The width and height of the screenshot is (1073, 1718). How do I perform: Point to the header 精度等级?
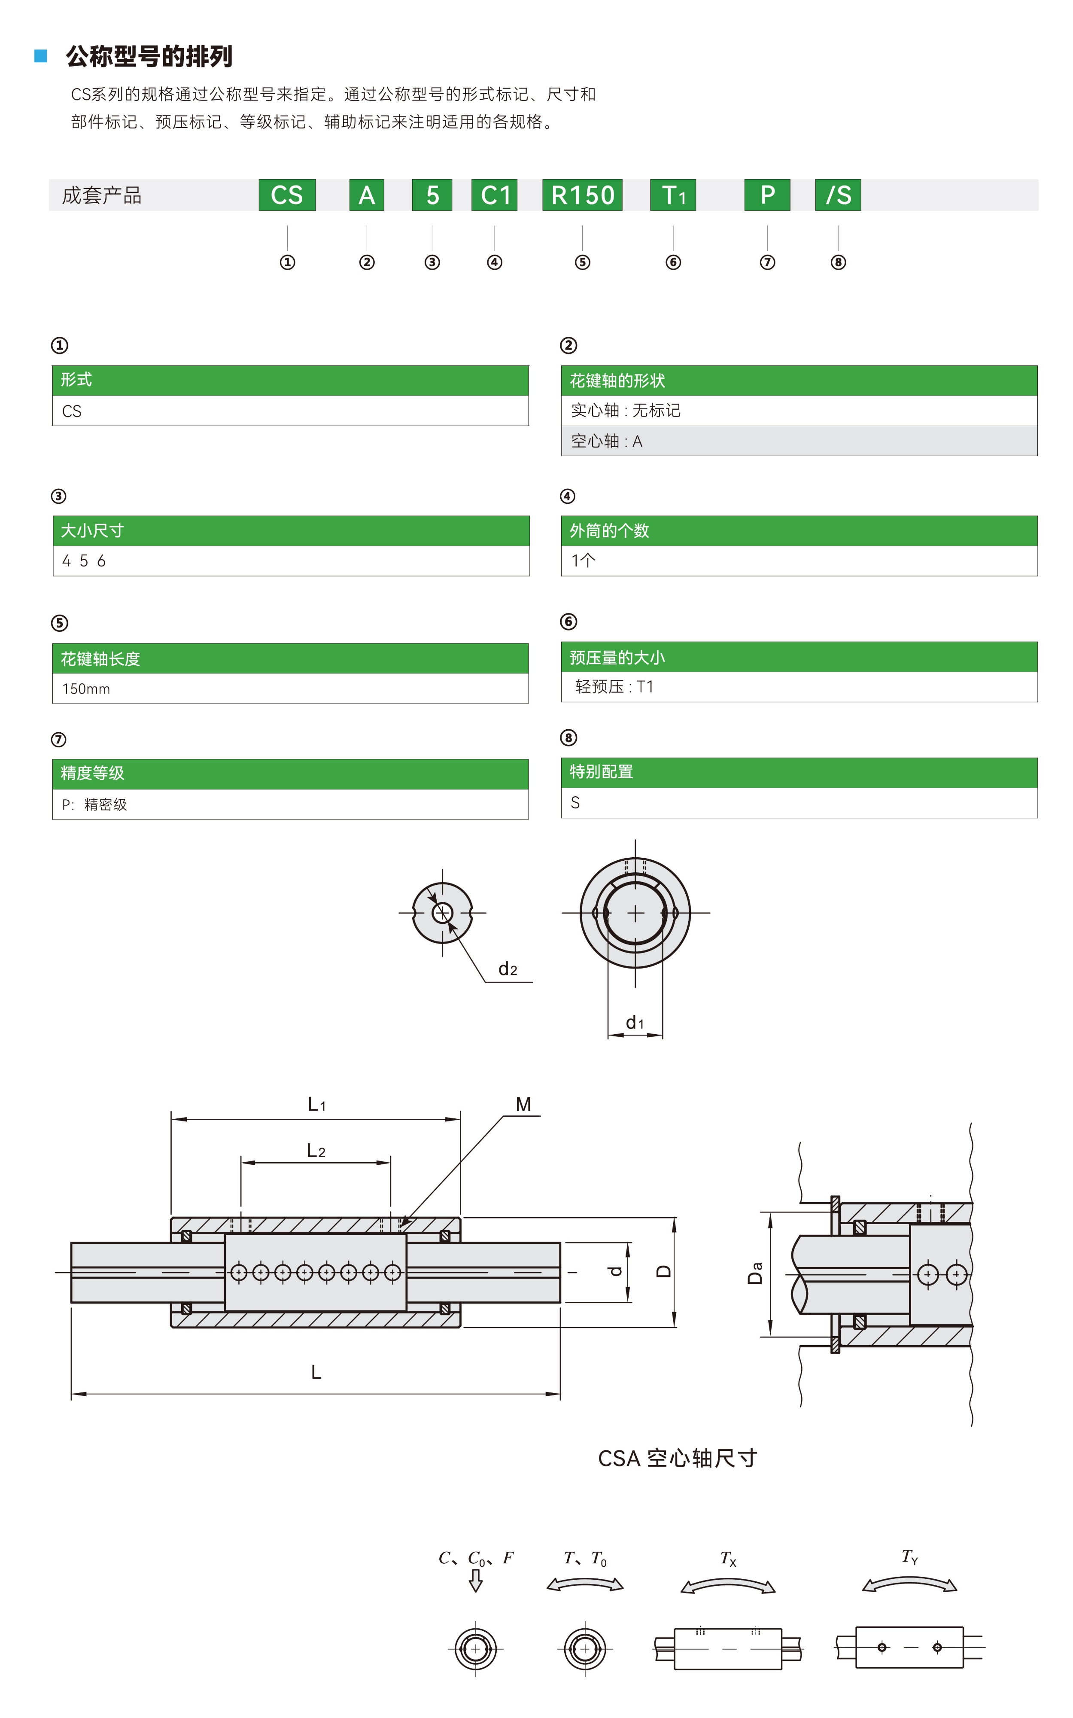pos(92,773)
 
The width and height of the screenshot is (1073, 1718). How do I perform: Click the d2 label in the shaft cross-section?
pos(508,969)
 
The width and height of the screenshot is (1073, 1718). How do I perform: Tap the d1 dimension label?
pos(635,1022)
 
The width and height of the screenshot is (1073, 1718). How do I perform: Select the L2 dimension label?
pos(316,1151)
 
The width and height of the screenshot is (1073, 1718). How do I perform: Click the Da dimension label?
pos(755,1273)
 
